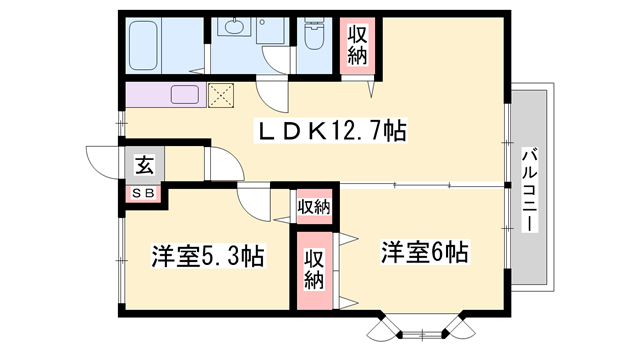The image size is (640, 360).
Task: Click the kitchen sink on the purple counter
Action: tap(186, 96)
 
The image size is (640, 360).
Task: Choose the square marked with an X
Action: tap(220, 96)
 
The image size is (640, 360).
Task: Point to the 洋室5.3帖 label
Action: tap(207, 256)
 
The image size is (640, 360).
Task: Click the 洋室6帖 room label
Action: tap(423, 251)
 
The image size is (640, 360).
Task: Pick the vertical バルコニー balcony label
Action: tap(529, 189)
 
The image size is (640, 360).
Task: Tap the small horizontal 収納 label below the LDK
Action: tap(313, 207)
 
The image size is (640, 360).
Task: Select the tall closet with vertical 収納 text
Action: tap(314, 267)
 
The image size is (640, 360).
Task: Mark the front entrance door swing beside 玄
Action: tap(104, 163)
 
